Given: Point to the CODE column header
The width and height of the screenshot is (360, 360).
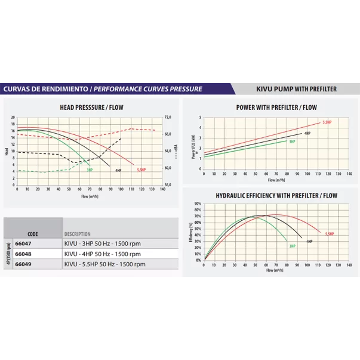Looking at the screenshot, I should [x=33, y=234].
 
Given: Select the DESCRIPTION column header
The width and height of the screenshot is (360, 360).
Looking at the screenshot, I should [x=78, y=234].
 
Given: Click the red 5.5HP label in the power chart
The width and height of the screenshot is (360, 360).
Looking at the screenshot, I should [x=327, y=122].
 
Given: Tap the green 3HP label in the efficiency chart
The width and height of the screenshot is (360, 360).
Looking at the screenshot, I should [x=293, y=246].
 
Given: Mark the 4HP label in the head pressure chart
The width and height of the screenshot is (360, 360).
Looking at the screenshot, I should [x=119, y=170].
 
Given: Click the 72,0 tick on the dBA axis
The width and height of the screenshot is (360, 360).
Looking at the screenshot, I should [x=168, y=118].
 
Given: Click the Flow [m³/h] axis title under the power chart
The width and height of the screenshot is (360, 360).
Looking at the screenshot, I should [x=275, y=179].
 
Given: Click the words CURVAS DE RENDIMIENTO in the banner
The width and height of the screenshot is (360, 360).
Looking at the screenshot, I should [x=45, y=89].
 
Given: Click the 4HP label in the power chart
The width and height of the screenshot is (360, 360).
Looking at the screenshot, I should [x=307, y=133].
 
